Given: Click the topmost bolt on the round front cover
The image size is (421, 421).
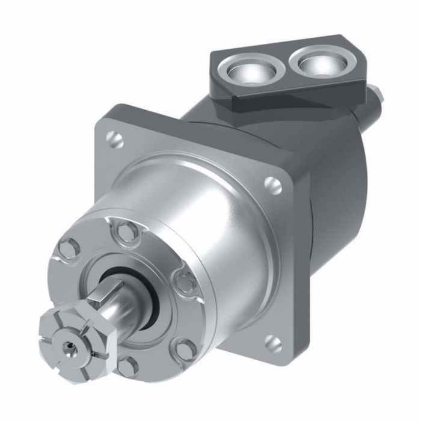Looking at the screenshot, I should pos(125,228).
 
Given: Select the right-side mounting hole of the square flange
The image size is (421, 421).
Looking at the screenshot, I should pos(274,183).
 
